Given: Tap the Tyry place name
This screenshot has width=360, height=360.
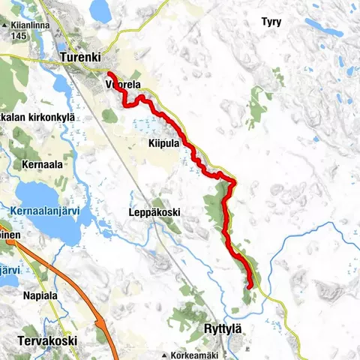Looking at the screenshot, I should pyautogui.click(x=271, y=22).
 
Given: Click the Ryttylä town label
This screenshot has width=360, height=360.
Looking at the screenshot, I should pyautogui.click(x=226, y=328).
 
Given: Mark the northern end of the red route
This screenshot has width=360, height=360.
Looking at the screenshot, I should pyautogui.click(x=110, y=73).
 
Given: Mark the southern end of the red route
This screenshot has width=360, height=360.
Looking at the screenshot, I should pyautogui.click(x=248, y=286).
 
